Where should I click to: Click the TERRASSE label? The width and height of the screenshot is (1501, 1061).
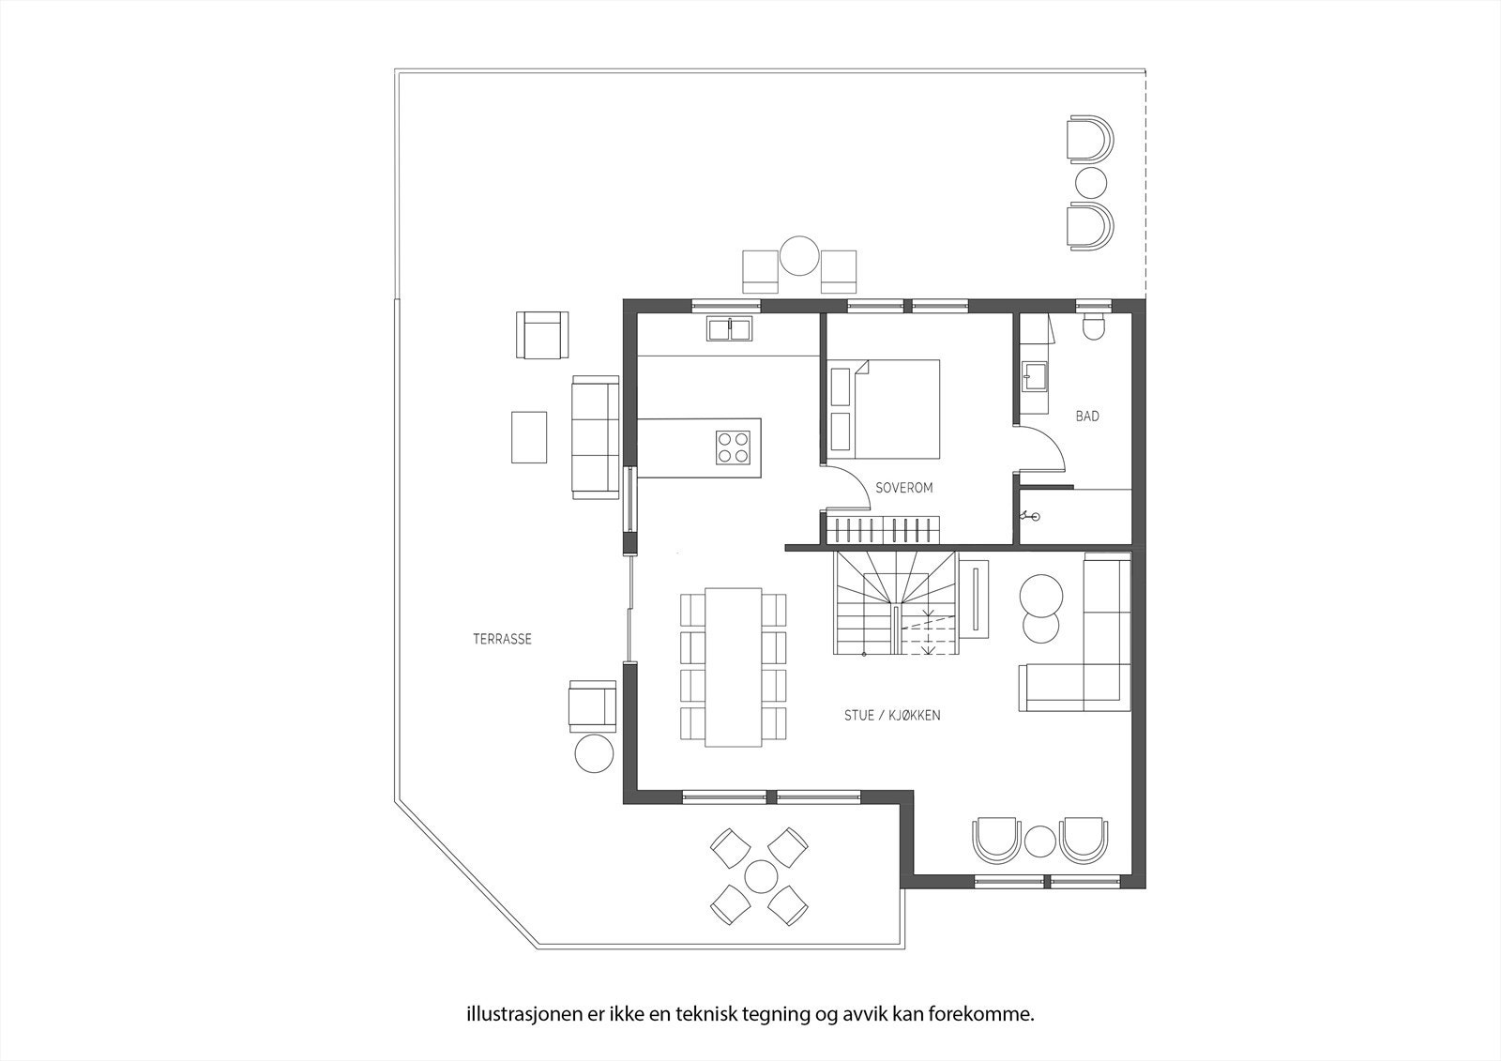click(x=502, y=640)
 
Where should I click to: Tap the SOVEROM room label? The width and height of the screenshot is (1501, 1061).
click(x=904, y=488)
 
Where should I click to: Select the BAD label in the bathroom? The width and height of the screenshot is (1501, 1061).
click(x=1087, y=417)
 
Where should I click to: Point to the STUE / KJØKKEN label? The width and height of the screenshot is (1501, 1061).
click(x=892, y=716)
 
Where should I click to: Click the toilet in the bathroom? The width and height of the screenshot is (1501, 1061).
click(x=1094, y=326)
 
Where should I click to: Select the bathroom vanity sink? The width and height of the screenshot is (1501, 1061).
click(x=1036, y=377)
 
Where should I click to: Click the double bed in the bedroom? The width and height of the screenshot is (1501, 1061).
click(x=884, y=410)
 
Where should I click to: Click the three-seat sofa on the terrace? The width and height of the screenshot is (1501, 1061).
click(x=595, y=437)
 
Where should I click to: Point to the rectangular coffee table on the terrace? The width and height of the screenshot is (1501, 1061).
click(x=529, y=437)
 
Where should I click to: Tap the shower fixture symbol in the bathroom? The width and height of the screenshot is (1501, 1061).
click(x=1030, y=515)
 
